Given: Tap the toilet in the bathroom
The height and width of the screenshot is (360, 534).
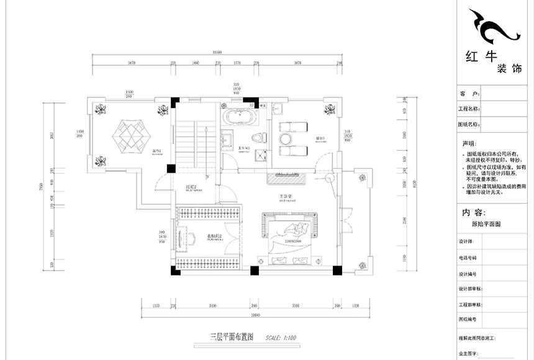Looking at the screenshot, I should click(x=256, y=138).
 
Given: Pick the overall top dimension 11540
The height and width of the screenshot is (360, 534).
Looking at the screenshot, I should click(x=217, y=53).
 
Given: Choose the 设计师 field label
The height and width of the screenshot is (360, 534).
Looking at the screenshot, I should click(x=466, y=242).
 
